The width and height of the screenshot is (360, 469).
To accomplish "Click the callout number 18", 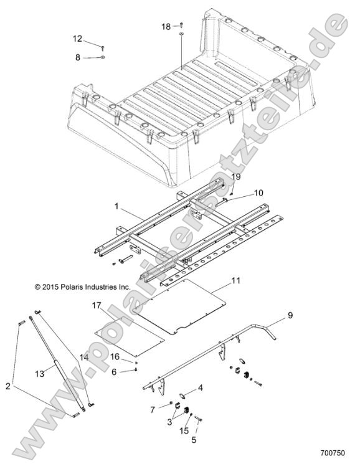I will [166, 27].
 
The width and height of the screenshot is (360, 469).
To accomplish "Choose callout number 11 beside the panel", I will [235, 282].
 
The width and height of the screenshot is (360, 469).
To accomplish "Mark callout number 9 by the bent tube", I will [289, 316].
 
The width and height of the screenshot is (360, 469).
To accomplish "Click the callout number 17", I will [95, 305].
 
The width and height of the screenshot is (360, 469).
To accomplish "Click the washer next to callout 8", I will [102, 57].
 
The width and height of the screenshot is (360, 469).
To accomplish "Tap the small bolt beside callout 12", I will [103, 47].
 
